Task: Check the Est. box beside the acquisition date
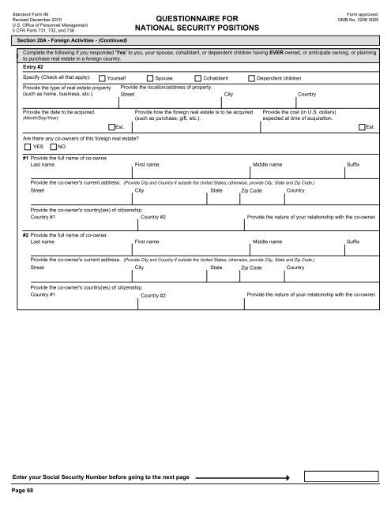click(x=111, y=126)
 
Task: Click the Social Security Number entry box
click(x=343, y=477)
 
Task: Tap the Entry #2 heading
click(x=34, y=67)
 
